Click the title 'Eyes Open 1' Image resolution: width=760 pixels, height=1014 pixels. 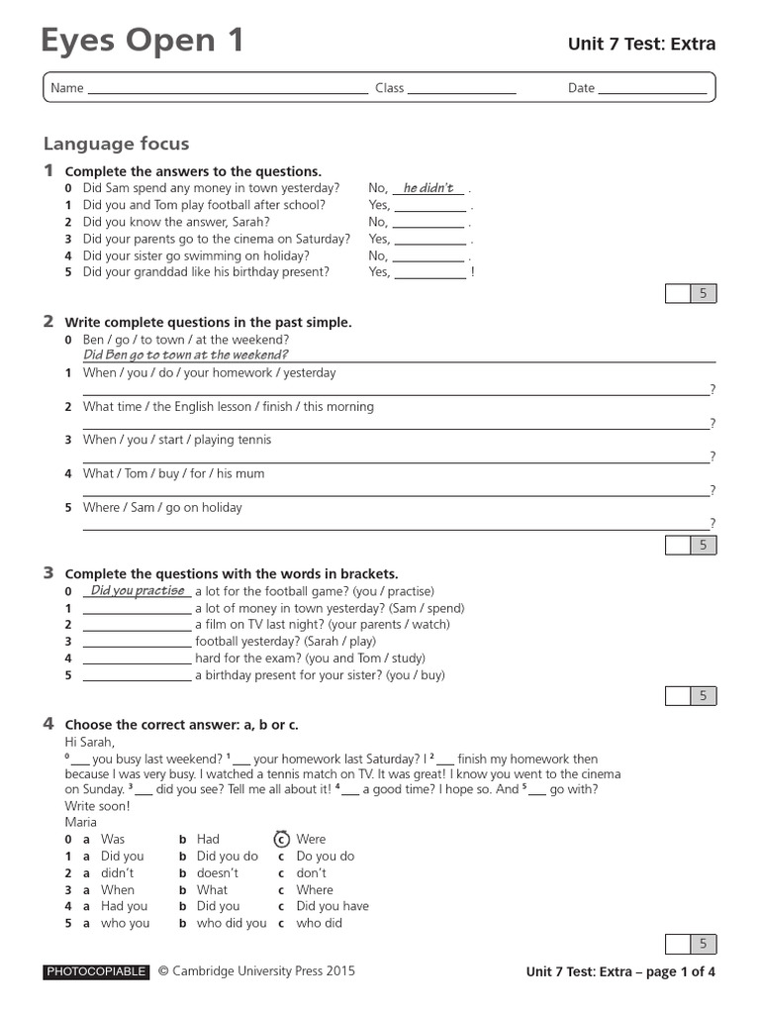142,42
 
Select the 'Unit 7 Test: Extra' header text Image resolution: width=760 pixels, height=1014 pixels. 640,44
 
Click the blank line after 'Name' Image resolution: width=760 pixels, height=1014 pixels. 228,89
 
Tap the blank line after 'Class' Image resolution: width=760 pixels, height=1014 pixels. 461,89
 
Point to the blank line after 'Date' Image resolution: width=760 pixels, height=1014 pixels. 652,89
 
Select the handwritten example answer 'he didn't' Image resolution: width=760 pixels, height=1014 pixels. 428,188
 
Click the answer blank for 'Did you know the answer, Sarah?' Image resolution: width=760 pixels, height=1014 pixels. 428,224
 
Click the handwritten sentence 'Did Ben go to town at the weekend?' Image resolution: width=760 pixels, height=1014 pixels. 186,355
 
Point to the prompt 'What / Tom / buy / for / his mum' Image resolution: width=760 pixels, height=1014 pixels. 174,473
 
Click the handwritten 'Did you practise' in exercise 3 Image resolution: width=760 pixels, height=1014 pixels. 138,591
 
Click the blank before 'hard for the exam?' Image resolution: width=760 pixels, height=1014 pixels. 137,659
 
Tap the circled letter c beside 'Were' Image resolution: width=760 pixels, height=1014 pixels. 281,839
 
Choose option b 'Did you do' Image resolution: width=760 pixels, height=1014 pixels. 227,856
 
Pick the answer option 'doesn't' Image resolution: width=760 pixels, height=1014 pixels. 217,872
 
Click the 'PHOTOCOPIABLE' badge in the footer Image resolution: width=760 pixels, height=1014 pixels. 96,971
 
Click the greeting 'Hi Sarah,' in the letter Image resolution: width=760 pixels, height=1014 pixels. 90,742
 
